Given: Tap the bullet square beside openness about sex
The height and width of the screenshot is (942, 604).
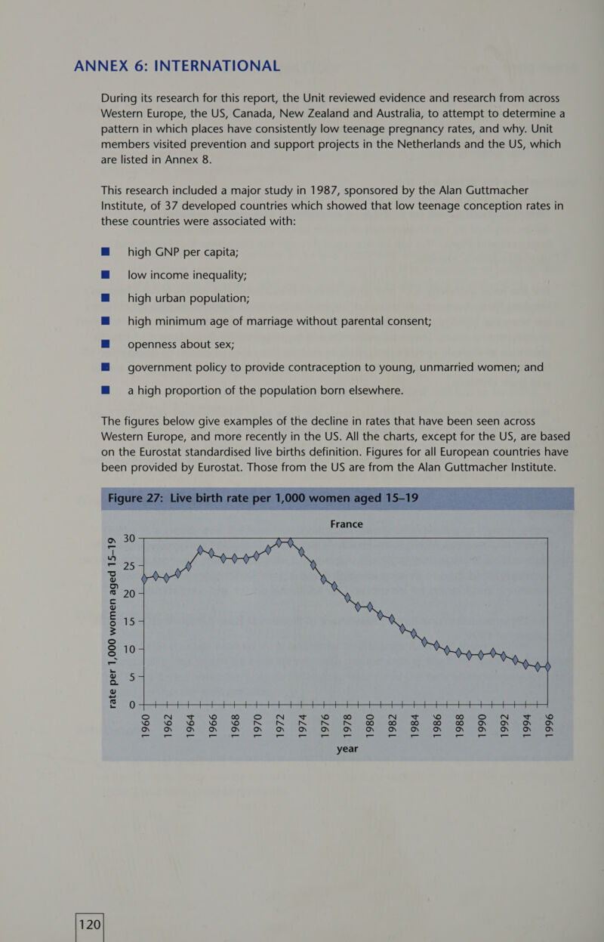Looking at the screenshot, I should pos(106,344).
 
